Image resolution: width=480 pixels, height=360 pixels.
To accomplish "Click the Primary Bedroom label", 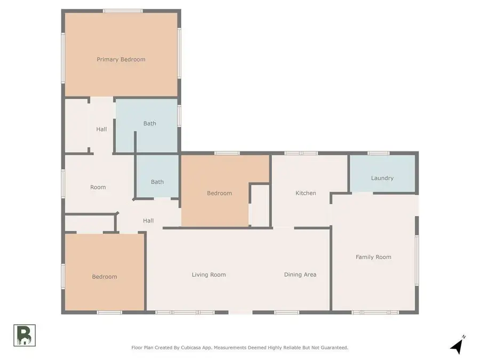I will (121, 59).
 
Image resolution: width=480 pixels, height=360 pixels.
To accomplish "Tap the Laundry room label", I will (382, 178).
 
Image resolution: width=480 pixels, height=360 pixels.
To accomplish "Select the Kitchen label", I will (306, 193).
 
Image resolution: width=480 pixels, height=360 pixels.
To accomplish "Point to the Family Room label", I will (373, 257).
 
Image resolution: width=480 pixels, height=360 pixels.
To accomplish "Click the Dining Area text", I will (300, 275).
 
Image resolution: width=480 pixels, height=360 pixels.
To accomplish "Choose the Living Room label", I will (209, 275).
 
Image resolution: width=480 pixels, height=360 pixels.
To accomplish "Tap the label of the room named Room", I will (98, 187).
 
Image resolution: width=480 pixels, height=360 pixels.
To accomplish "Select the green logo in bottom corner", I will (25, 335).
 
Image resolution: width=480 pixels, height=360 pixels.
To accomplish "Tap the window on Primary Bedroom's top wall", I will (123, 11).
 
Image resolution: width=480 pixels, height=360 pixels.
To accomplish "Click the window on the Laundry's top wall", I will (379, 153).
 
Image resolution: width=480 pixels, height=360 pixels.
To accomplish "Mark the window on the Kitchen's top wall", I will (301, 153).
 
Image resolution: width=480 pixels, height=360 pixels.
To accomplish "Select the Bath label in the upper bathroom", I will (149, 124).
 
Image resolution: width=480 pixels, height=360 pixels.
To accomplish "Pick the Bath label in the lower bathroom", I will (157, 182).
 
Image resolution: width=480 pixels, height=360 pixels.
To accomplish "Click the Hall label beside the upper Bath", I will (101, 129).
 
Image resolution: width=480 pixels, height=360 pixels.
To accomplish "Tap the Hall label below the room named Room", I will (148, 221).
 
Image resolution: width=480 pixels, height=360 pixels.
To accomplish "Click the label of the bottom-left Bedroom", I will (104, 277).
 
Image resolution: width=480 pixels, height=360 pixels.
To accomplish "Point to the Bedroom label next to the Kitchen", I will (219, 193).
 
